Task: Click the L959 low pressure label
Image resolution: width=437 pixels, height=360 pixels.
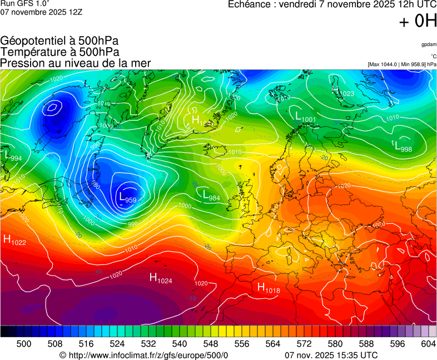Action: [127, 197]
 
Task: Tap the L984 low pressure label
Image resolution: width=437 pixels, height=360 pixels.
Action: [211, 196]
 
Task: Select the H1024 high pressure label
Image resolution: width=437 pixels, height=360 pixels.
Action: [161, 278]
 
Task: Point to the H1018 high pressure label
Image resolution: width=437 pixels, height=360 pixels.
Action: [268, 288]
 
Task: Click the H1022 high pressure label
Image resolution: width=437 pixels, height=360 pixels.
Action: [14, 239]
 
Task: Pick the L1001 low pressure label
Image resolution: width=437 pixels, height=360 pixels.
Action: [305, 117]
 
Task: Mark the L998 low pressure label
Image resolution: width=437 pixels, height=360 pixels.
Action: [403, 147]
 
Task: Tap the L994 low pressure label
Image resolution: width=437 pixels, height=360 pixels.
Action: [12, 157]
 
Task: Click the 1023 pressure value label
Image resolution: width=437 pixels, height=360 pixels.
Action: [345, 94]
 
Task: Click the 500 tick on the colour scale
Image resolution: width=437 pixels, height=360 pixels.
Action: [24, 344]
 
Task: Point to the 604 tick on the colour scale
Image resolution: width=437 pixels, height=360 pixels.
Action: [428, 344]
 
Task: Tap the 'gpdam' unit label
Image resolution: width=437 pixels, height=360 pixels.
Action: [429, 44]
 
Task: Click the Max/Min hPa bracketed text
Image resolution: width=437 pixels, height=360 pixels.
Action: [402, 64]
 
